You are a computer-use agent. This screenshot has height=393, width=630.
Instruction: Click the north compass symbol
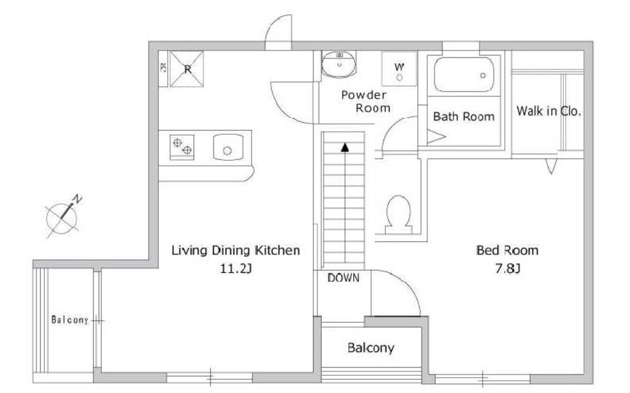click(x=62, y=217)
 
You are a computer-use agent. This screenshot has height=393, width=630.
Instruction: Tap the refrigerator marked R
click(x=186, y=68)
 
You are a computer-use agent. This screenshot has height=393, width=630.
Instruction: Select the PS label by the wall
click(x=163, y=68)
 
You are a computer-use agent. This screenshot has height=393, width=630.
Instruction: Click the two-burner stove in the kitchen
click(x=182, y=147)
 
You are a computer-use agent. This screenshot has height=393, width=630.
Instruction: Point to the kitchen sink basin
click(x=228, y=147)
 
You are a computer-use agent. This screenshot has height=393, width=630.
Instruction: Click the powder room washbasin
click(x=338, y=64)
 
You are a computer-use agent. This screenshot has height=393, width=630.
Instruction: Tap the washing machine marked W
click(x=399, y=68)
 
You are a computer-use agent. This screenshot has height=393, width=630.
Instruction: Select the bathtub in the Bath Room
click(x=464, y=75)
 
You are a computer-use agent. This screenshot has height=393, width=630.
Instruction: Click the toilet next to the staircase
click(x=398, y=215)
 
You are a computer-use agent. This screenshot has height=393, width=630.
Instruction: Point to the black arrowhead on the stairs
click(x=345, y=147)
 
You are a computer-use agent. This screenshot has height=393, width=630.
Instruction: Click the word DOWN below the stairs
click(x=343, y=278)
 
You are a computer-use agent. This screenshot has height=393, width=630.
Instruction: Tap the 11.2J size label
click(x=236, y=268)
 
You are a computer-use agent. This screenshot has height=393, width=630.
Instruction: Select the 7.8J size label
click(x=507, y=268)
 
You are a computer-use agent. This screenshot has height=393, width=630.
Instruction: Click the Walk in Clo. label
click(x=549, y=111)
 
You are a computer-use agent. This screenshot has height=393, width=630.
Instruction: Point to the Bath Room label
click(x=464, y=116)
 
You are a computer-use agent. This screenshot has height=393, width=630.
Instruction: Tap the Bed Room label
click(x=507, y=250)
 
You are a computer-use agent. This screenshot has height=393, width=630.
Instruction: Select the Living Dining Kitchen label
click(x=236, y=250)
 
